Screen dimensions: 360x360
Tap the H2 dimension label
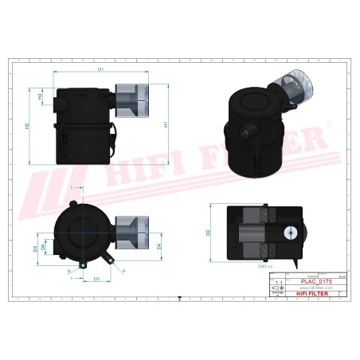pos(28,126)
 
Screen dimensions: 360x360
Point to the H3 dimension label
pos(41,96)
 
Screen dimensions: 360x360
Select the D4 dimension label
pos(160,246)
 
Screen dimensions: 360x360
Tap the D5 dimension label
pos(96,279)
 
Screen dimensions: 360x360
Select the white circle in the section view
pos(292,232)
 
